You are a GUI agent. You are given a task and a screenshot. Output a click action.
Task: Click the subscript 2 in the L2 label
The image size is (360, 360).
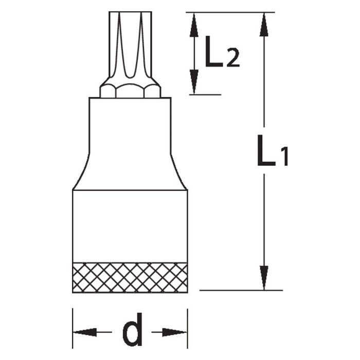coord(232,59)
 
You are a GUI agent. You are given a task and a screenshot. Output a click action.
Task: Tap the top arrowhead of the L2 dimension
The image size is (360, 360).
coord(194,23)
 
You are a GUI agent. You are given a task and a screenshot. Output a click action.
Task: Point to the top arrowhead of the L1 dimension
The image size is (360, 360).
coord(264,23)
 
